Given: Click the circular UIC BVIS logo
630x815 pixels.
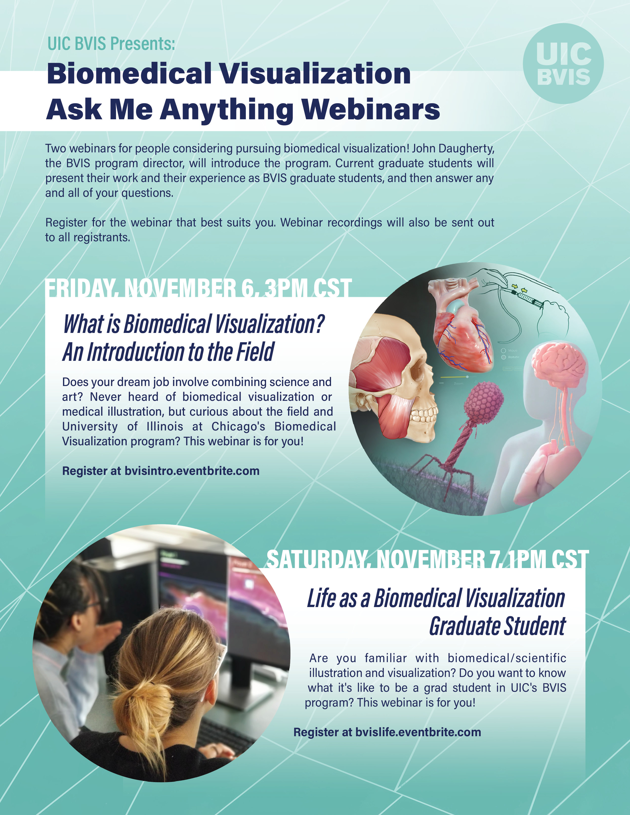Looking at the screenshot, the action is (563, 63).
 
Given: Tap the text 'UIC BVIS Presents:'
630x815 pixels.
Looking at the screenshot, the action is (111, 44).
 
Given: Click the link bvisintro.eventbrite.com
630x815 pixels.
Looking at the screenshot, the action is (192, 471).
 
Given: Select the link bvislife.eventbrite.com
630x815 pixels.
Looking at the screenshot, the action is (418, 732).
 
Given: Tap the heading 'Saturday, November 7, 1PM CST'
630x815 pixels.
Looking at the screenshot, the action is (428, 559).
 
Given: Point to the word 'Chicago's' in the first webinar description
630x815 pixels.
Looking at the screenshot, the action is (238, 427).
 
